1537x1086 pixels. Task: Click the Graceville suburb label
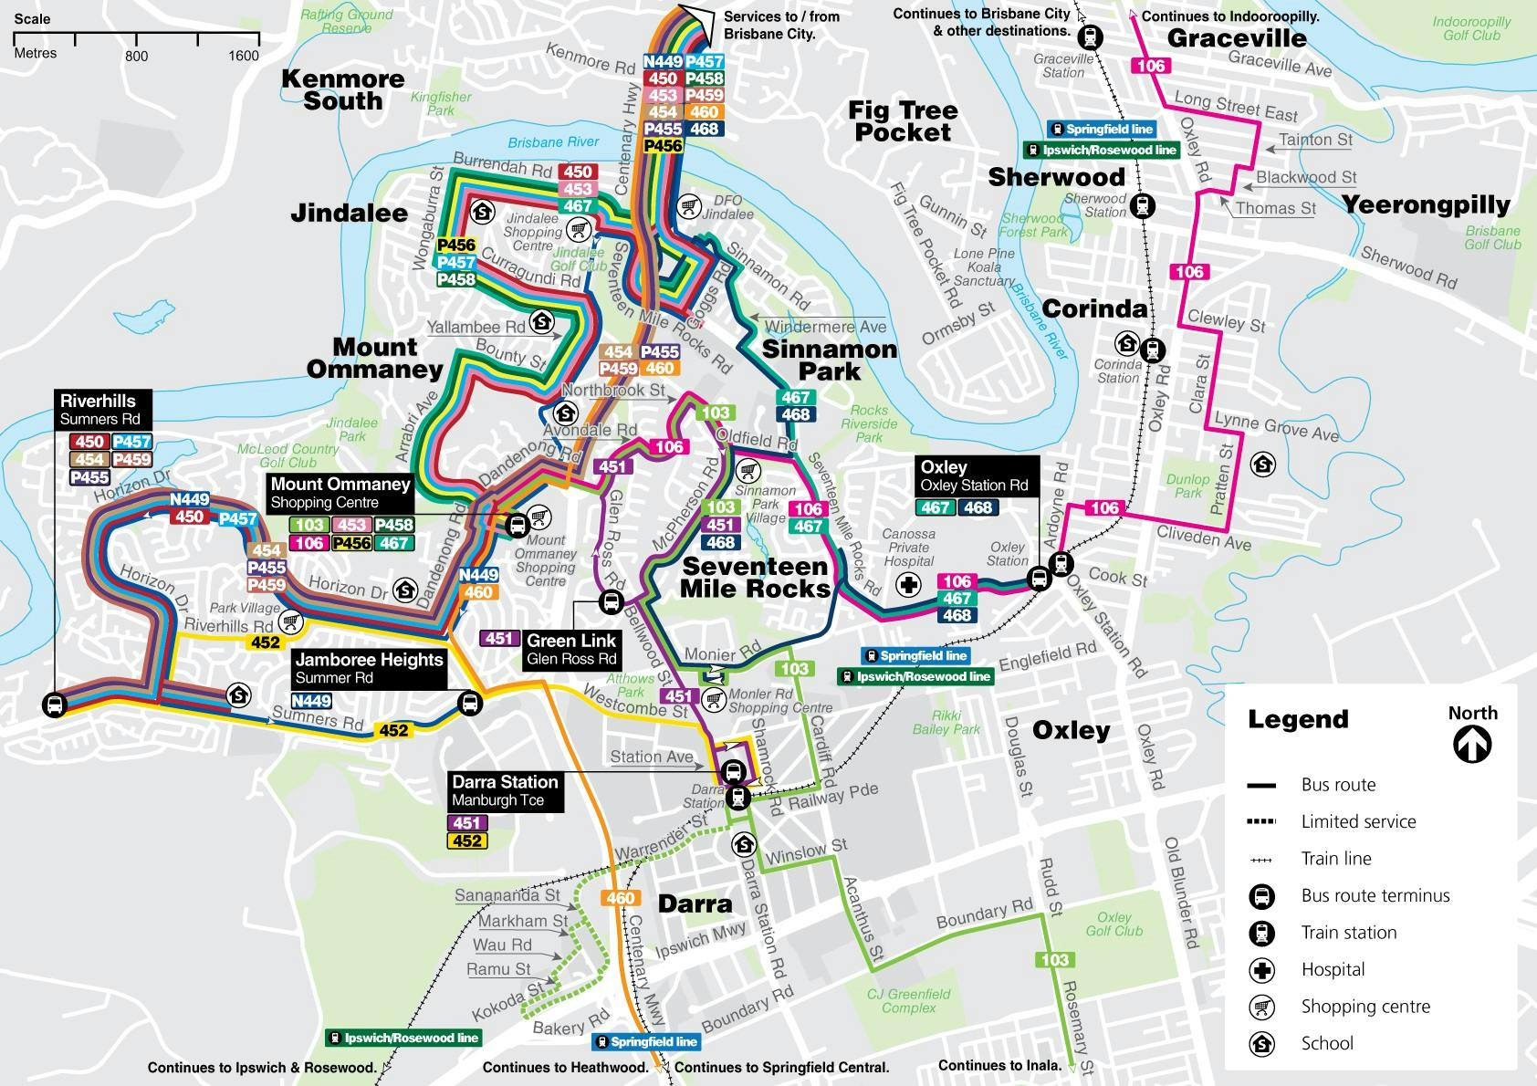[x=1237, y=38]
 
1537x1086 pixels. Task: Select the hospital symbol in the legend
[x=1261, y=970]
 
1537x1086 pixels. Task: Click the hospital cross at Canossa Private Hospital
[x=908, y=585]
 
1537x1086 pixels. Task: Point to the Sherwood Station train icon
[x=1142, y=205]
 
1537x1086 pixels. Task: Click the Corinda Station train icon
[x=1153, y=350]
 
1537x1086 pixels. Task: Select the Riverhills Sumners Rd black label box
[x=100, y=410]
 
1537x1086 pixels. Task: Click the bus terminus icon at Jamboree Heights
[x=470, y=703]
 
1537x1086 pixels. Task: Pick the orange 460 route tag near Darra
[x=620, y=898]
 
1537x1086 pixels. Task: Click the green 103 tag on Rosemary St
[x=1054, y=959]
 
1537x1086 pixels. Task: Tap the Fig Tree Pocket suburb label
[x=903, y=121]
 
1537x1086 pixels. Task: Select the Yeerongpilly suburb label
[x=1426, y=205]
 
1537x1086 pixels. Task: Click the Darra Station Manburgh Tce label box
[x=505, y=790]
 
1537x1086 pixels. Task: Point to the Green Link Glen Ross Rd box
[x=571, y=649]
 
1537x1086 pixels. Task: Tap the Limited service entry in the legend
[x=1358, y=821]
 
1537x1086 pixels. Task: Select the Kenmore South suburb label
[x=342, y=89]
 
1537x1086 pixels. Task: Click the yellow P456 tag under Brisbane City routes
[x=663, y=146]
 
